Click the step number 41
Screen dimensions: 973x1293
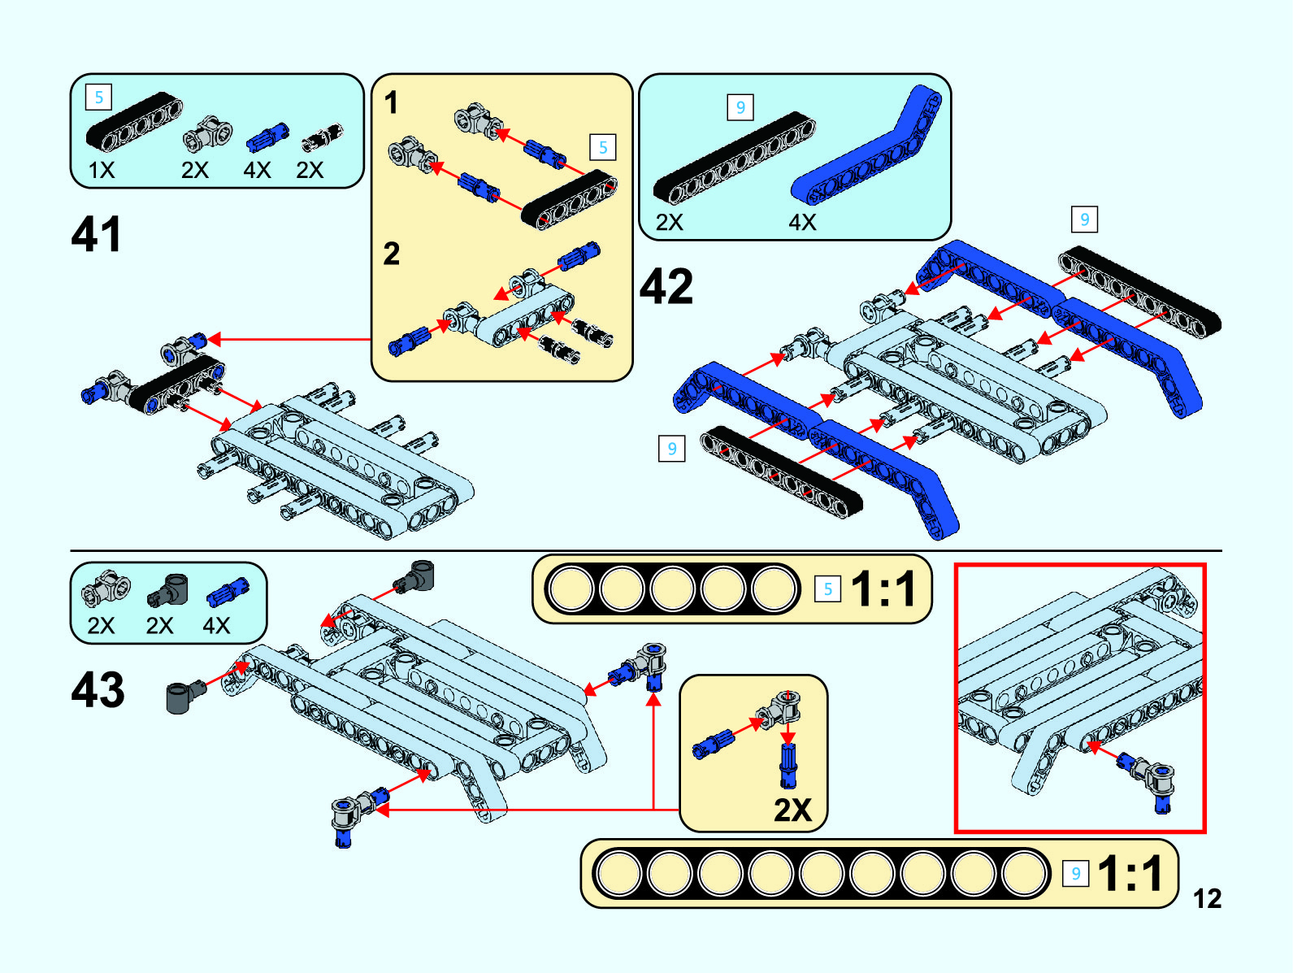tap(97, 235)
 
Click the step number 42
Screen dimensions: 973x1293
tap(666, 287)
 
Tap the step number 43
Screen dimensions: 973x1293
tap(98, 690)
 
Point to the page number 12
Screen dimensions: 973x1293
tap(1207, 898)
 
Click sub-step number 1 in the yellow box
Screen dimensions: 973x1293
tap(392, 103)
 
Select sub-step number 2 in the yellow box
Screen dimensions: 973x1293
tap(392, 254)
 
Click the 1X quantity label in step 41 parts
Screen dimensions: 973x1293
tap(102, 171)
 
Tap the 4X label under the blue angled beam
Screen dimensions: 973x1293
tap(802, 222)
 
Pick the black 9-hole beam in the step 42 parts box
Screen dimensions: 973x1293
tap(734, 158)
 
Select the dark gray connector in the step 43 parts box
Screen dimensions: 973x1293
tap(168, 591)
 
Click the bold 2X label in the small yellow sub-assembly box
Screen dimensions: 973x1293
tap(792, 810)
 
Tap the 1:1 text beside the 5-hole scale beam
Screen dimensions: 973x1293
tap(884, 589)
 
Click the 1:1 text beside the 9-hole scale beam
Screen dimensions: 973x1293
tap(1130, 874)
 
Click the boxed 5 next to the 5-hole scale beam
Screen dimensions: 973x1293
tap(827, 589)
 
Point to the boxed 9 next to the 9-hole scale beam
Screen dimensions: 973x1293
tap(1075, 874)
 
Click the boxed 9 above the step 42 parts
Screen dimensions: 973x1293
tap(740, 107)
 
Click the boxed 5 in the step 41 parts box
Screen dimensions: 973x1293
tap(98, 98)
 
